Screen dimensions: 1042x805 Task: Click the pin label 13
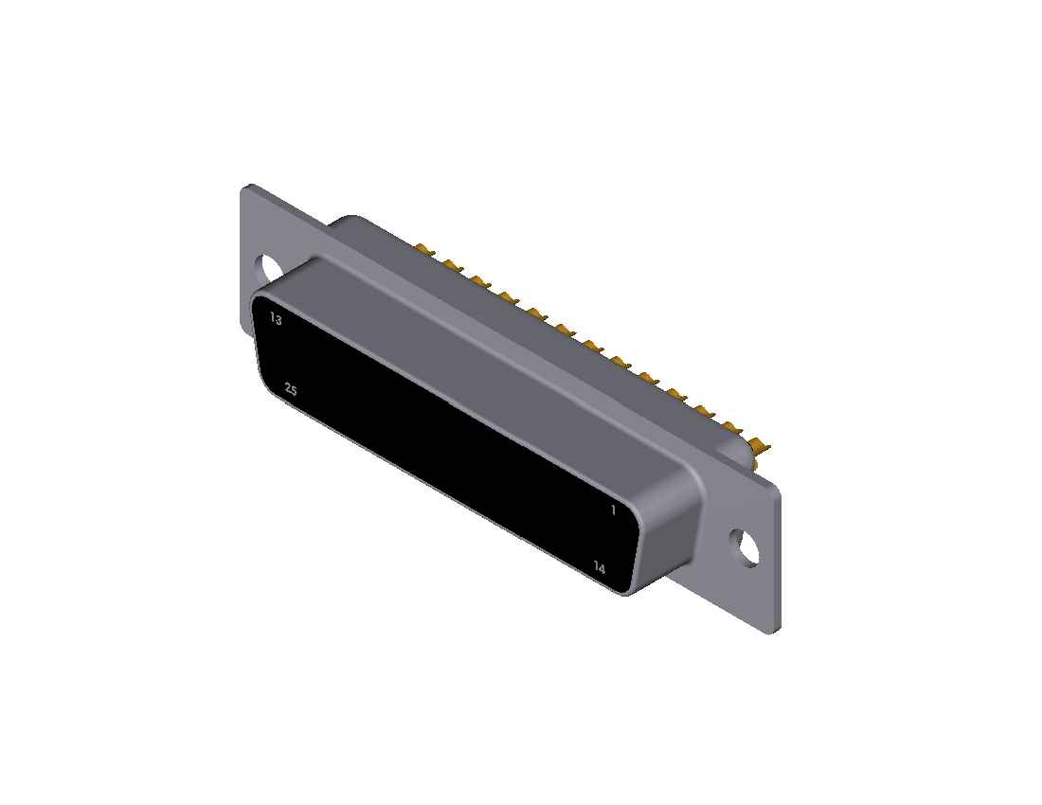pyautogui.click(x=276, y=319)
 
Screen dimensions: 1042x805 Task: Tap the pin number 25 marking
pyautogui.click(x=291, y=389)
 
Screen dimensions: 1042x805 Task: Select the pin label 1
pyautogui.click(x=613, y=510)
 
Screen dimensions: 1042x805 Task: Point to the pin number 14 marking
pyautogui.click(x=600, y=568)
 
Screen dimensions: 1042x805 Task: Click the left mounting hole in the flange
pyautogui.click(x=268, y=268)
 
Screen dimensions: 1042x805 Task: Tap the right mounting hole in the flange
pyautogui.click(x=745, y=547)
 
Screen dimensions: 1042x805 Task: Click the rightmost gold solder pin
pyautogui.click(x=760, y=446)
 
